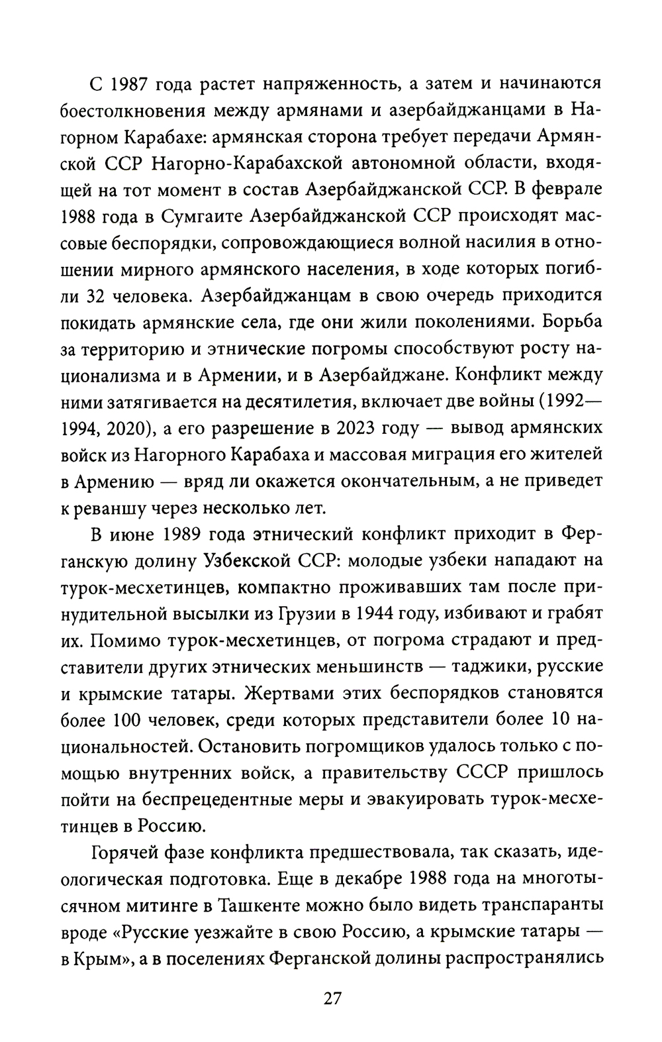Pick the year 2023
(x=358, y=428)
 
